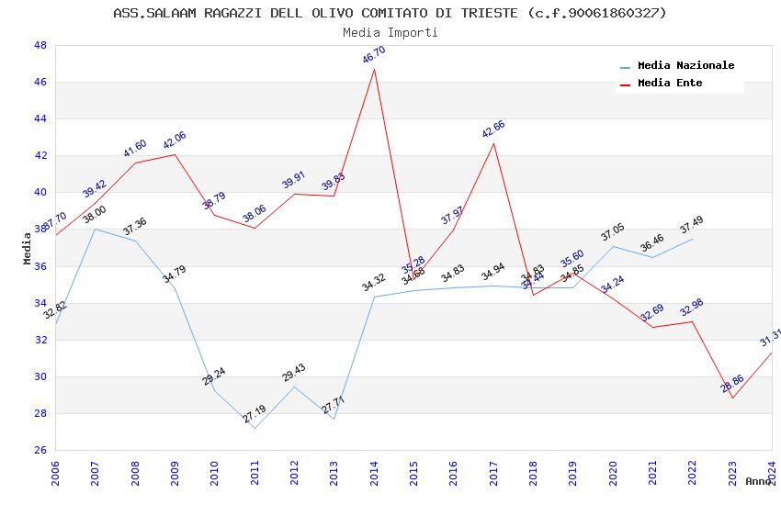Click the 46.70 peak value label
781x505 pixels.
374,55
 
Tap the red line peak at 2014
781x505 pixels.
374,69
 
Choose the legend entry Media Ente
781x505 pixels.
670,83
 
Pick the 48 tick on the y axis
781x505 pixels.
40,45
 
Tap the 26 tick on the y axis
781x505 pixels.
40,450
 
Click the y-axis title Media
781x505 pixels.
28,248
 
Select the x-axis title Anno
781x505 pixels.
758,481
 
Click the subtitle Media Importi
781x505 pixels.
390,32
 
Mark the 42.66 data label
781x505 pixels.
493,129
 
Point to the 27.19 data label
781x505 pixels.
255,415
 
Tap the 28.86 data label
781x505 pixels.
732,384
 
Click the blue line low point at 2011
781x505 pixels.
255,428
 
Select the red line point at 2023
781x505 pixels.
732,398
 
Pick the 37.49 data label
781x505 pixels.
692,225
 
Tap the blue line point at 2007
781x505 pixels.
95,229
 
